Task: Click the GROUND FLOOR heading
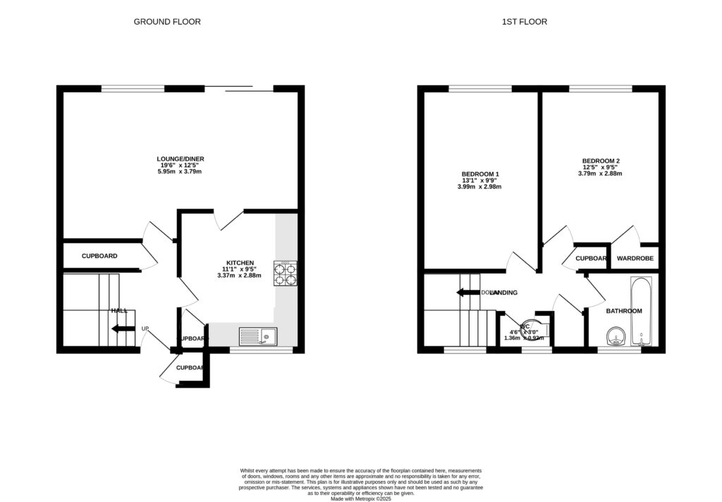167,22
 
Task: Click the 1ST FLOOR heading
524,22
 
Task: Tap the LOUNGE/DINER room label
180,159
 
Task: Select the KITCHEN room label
239,262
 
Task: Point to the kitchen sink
259,337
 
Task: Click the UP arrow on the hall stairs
122,329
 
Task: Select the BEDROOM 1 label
481,174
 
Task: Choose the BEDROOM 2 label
601,160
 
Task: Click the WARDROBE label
635,259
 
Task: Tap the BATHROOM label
624,311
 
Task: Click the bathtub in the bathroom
641,310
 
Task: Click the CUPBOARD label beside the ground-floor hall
99,256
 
